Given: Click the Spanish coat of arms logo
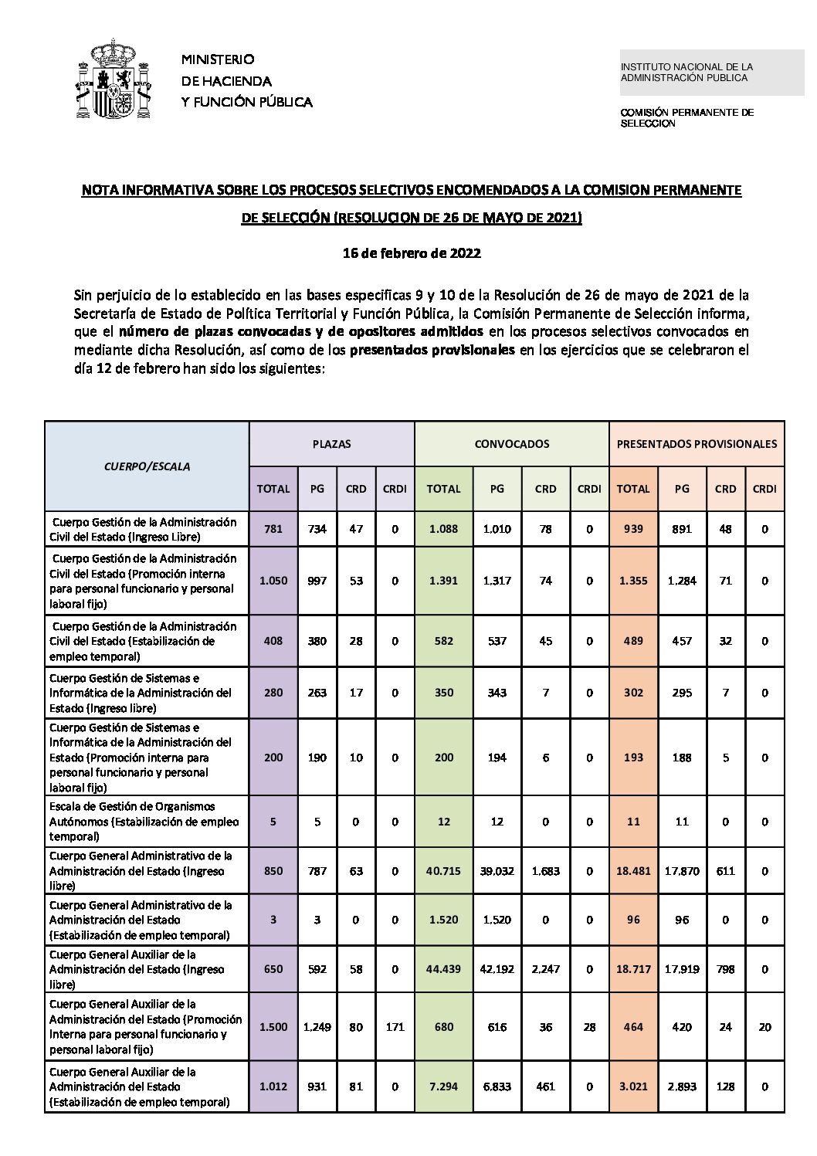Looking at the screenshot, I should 113,80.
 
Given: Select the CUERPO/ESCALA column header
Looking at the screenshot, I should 147,466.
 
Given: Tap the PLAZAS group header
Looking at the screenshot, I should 331,444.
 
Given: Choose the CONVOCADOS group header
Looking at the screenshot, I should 511,444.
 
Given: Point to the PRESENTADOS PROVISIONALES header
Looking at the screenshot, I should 697,444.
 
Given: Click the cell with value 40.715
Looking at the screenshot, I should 443,871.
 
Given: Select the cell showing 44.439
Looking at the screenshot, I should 443,969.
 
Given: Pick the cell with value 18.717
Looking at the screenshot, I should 633,969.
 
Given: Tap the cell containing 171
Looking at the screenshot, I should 395,1027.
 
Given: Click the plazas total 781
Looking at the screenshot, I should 273,529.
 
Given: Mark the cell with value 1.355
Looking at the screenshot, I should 633,581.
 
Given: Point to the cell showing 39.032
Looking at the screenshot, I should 497,871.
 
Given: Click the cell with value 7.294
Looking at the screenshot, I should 443,1087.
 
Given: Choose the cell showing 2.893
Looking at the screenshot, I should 682,1087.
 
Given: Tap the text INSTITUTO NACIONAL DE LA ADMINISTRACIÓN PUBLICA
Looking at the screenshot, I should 686,73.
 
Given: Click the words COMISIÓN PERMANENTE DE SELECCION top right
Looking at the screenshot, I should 686,117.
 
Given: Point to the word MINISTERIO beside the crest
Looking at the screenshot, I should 218,59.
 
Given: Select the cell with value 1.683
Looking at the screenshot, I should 545,871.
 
